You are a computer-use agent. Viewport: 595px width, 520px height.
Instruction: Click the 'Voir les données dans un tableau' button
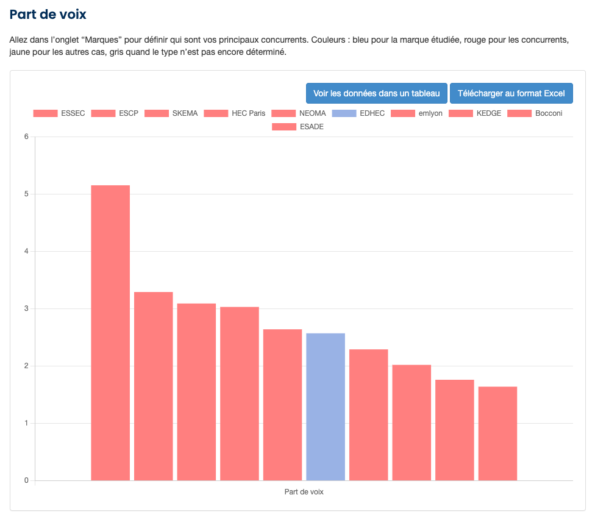[x=376, y=93]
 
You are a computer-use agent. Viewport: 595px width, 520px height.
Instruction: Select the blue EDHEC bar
[x=326, y=407]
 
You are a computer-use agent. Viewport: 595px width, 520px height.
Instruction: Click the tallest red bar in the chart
[x=110, y=332]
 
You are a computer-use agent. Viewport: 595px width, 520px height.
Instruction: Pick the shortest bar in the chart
[x=497, y=433]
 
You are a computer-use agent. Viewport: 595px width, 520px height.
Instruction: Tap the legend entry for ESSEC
[x=59, y=113]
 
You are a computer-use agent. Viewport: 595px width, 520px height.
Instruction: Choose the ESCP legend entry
[x=115, y=113]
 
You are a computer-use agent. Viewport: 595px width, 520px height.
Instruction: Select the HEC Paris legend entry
[x=235, y=113]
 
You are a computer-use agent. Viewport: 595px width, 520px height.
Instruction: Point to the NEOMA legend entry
[x=299, y=113]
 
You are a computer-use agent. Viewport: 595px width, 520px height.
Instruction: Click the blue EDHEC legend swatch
[x=352, y=113]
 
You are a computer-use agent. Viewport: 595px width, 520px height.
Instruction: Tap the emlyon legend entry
[x=416, y=113]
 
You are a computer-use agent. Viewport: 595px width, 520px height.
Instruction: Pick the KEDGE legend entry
[x=475, y=113]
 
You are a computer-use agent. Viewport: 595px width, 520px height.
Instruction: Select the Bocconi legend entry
[x=535, y=113]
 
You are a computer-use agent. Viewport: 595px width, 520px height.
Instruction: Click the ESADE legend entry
[x=297, y=127]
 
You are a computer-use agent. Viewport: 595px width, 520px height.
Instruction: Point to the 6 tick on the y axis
[x=26, y=137]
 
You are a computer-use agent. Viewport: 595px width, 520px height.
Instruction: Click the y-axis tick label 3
[x=26, y=308]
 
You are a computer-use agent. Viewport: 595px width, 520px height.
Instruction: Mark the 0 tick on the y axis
[x=26, y=480]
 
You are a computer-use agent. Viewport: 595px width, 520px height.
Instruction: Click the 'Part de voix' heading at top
[x=48, y=15]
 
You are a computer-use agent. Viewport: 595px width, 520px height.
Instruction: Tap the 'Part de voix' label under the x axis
[x=304, y=492]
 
